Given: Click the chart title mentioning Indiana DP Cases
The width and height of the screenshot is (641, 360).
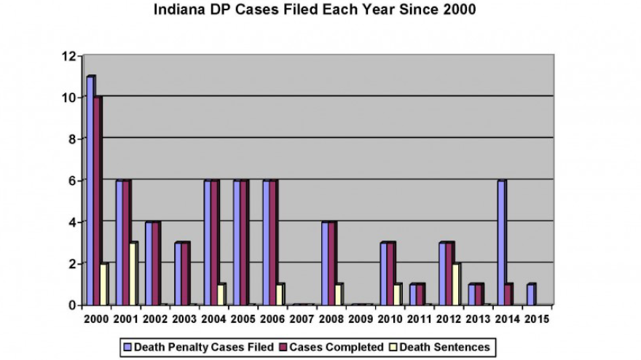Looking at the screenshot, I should (x=315, y=11).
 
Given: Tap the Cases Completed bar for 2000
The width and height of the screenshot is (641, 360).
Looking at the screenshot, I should (x=98, y=200).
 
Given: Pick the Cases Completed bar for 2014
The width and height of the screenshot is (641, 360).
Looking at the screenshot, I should (x=508, y=294).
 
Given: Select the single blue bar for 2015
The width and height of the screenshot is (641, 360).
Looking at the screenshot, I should (x=530, y=294).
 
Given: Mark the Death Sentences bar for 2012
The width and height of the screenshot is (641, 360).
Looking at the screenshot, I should (x=456, y=284).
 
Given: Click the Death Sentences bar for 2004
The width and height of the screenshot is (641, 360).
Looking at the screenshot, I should (x=220, y=294).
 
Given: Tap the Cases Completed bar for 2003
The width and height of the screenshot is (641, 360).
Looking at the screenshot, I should (x=186, y=273).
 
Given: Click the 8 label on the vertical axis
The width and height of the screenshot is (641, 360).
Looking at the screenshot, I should (x=72, y=139).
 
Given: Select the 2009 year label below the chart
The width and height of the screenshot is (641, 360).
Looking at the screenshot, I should (x=361, y=318).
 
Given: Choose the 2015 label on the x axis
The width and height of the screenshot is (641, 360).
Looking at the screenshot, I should (x=537, y=318).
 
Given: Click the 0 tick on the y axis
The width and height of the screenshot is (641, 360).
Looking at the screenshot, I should (x=72, y=305).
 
